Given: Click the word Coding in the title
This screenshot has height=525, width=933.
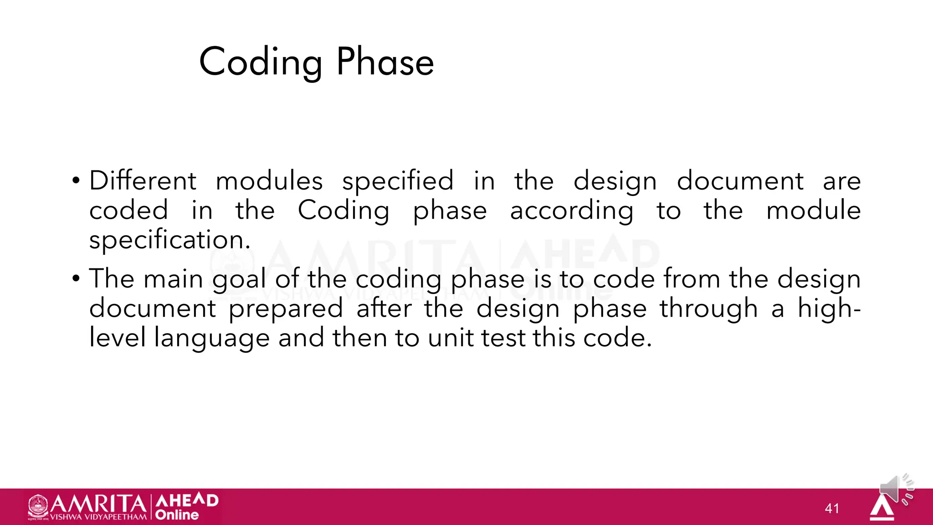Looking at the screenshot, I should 261,62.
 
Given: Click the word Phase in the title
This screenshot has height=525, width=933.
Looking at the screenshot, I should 385,62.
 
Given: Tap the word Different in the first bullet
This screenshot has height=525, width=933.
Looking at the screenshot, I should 143,181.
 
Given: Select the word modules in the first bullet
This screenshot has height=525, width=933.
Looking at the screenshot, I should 269,181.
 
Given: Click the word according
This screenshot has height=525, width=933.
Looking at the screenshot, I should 571,211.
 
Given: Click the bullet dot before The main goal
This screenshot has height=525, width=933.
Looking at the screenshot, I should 76,278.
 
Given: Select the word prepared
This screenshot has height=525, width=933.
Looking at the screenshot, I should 286,309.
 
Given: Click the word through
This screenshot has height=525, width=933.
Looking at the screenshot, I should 709,309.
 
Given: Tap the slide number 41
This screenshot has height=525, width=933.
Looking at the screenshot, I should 832,509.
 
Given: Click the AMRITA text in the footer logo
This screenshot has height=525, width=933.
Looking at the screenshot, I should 97,504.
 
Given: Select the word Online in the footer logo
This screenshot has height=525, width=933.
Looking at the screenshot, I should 177,515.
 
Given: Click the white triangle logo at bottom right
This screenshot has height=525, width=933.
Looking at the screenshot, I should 882,508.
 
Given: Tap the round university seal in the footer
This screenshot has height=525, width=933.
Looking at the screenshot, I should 38,506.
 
